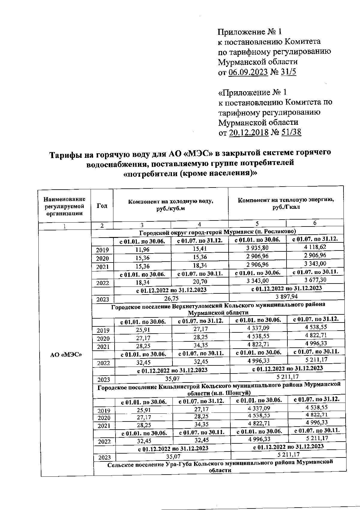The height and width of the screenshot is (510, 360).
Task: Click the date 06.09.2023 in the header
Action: [248, 72]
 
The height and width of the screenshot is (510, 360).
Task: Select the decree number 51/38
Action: [291, 132]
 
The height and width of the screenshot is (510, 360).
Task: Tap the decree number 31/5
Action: [288, 72]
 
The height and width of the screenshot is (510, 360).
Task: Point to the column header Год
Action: [102, 206]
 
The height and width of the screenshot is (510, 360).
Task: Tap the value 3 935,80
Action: [257, 248]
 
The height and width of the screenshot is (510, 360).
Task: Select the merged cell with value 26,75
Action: [171, 298]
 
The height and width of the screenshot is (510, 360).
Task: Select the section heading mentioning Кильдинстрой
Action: [219, 388]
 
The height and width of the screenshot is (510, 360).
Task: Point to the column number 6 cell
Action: [315, 223]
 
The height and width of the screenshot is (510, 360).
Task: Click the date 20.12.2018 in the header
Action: [248, 132]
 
